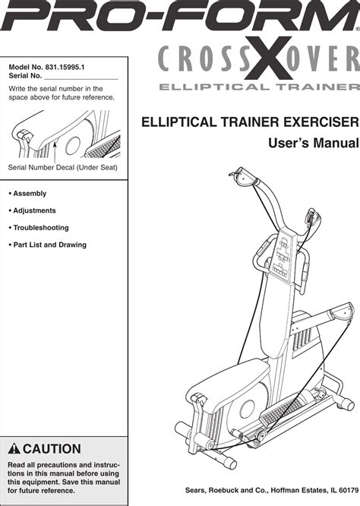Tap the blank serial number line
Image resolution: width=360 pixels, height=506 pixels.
(x=81, y=79)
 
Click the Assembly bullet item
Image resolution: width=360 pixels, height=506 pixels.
(x=27, y=194)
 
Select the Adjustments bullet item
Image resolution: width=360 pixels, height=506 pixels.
(x=32, y=210)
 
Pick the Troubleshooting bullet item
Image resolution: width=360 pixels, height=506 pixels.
(x=39, y=228)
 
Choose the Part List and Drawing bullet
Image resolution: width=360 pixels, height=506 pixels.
(x=47, y=245)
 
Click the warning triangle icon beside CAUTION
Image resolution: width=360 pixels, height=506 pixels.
(x=14, y=449)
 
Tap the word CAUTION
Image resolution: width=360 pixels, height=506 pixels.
(x=52, y=449)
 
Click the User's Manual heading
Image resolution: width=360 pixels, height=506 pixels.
(x=314, y=144)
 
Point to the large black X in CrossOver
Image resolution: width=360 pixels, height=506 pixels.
(x=268, y=58)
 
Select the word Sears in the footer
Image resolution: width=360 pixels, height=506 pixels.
(x=195, y=490)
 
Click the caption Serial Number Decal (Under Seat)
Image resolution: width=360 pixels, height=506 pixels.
(x=62, y=167)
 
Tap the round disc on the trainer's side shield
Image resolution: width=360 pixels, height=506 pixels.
(x=248, y=409)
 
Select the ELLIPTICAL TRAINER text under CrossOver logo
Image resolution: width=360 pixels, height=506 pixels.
(x=259, y=87)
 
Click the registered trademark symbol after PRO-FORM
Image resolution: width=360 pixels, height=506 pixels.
(x=358, y=29)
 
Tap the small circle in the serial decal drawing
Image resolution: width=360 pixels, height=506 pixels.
(x=73, y=146)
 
